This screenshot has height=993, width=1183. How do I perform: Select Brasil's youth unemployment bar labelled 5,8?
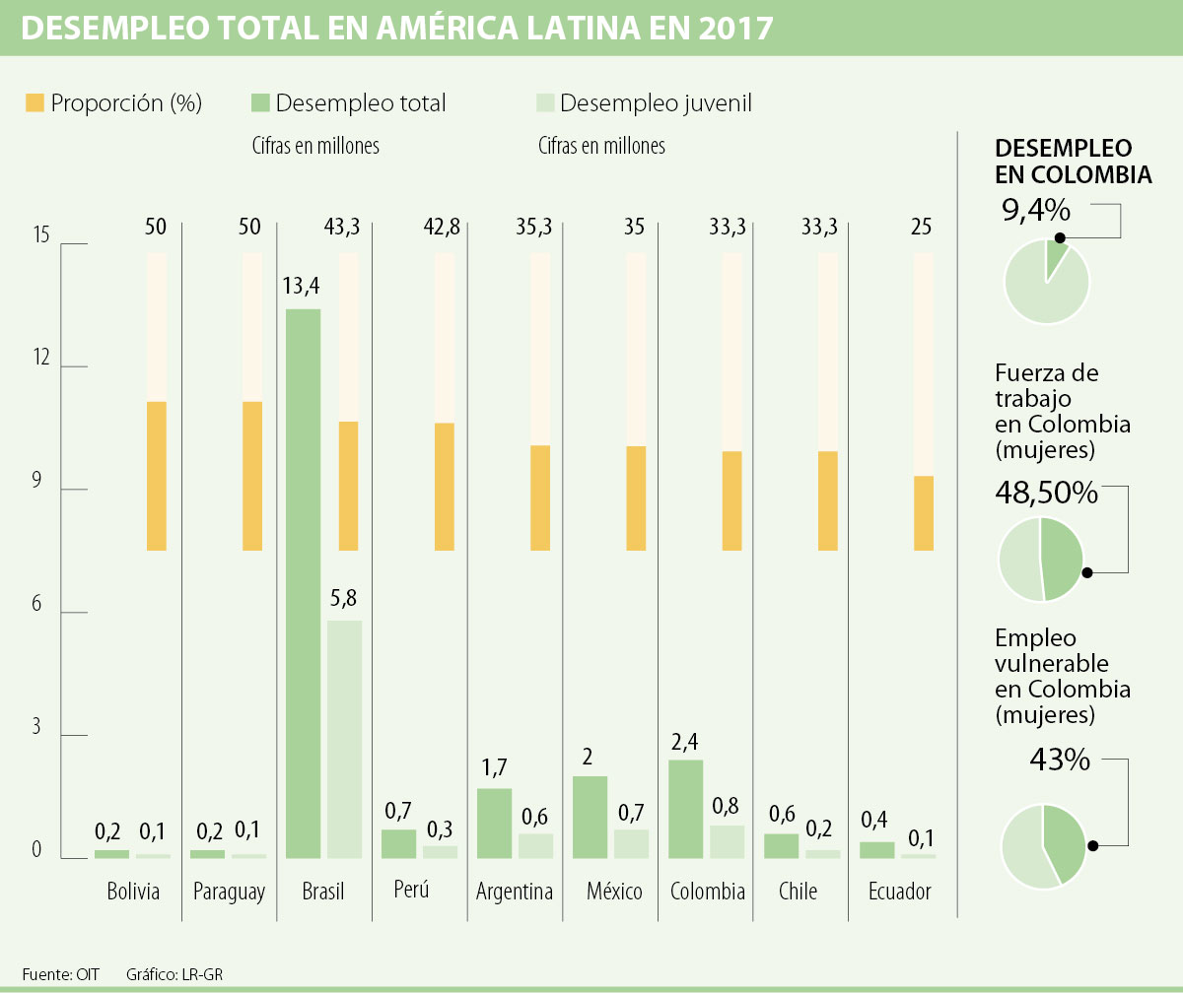[x=344, y=739]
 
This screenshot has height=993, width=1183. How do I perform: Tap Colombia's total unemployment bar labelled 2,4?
[x=685, y=809]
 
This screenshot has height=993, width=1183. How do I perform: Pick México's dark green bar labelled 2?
[x=590, y=817]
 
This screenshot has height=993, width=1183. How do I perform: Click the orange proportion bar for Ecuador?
[x=924, y=513]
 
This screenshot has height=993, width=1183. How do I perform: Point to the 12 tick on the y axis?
[x=41, y=359]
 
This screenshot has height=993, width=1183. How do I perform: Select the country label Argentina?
[x=515, y=893]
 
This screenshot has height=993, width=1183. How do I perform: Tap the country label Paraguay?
[x=229, y=893]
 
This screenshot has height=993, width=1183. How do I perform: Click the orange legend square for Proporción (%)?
[x=35, y=102]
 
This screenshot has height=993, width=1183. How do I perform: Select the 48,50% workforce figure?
[x=1046, y=493]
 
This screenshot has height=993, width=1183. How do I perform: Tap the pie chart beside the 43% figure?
[x=1044, y=847]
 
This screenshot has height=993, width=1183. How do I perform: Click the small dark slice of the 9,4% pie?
[x=1056, y=255]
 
